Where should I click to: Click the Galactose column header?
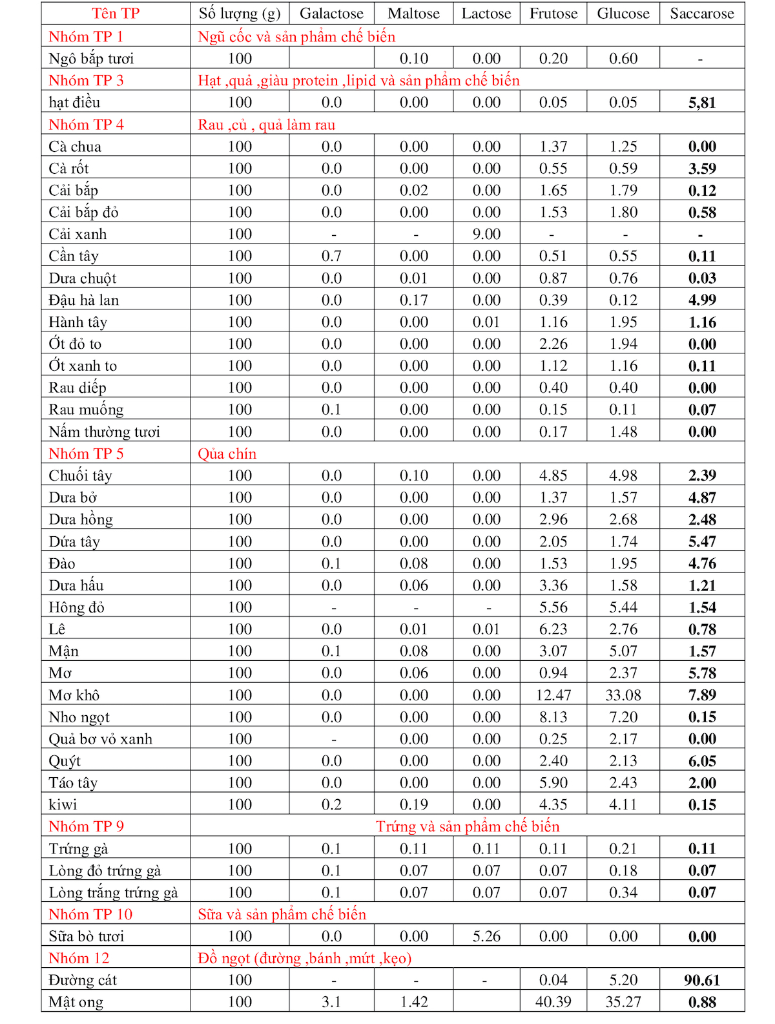331,14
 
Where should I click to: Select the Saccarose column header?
701,14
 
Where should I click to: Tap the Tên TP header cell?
116,14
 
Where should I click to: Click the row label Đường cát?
83,980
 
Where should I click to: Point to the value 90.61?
701,980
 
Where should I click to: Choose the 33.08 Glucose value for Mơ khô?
623,695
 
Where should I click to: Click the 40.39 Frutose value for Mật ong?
553,1002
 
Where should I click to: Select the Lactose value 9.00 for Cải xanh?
486,234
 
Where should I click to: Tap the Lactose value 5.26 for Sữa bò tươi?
486,936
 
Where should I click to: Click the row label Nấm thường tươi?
104,432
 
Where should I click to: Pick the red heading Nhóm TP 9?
87,826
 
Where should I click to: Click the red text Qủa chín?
227,454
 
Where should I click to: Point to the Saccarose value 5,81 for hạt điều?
701,102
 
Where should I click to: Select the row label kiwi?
63,804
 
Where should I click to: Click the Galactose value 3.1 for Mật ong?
331,1002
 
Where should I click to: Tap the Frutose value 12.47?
553,695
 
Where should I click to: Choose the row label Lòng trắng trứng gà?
113,892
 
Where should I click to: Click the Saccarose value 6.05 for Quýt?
701,761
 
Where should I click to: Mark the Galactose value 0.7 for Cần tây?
331,256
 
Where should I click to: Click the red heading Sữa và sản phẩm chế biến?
282,914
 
